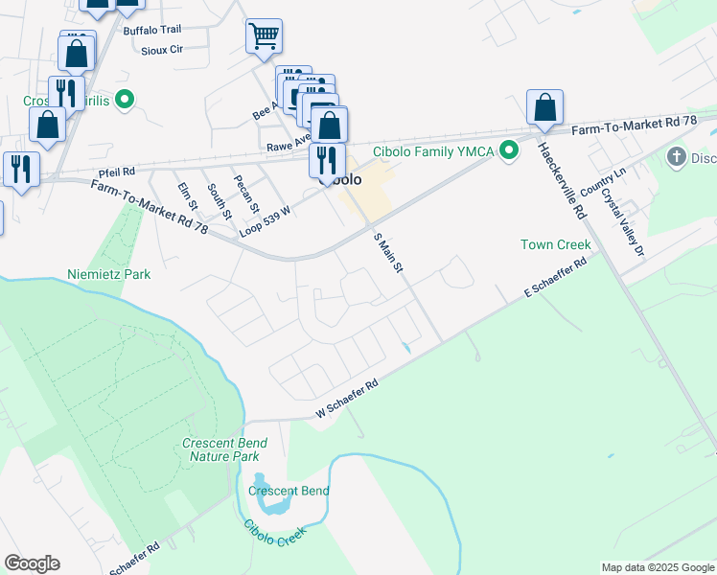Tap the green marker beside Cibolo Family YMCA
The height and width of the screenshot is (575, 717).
tap(510, 150)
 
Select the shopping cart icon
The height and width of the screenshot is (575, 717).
tap(264, 37)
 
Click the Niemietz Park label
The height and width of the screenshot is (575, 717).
tap(109, 274)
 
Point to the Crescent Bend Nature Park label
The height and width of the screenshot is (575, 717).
tap(220, 449)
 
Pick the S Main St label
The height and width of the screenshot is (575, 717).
tap(387, 252)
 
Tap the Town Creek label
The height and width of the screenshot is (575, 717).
tap(555, 245)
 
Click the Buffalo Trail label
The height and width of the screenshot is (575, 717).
tap(152, 31)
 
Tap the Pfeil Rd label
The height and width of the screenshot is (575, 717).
tap(116, 171)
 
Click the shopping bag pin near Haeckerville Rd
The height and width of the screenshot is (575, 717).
tap(544, 107)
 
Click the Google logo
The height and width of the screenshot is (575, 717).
tap(32, 563)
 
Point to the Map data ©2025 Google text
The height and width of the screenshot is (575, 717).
tap(657, 567)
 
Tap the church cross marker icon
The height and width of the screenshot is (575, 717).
tap(677, 157)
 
